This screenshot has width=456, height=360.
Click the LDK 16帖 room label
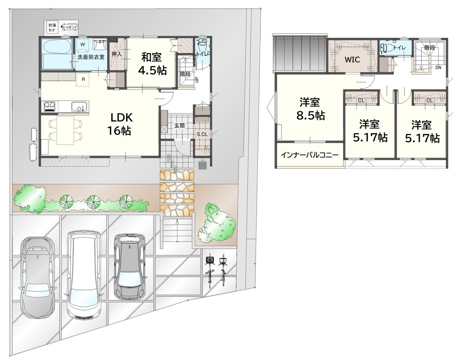pyautogui.click(x=120, y=124)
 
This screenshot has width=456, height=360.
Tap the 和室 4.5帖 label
pyautogui.click(x=152, y=64)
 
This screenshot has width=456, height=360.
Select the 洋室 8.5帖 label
pyautogui.click(x=310, y=109)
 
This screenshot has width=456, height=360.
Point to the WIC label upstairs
pyautogui.click(x=352, y=60)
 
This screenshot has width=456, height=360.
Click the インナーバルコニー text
pyautogui.click(x=310, y=155)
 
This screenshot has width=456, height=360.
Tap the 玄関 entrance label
pyautogui.click(x=179, y=126)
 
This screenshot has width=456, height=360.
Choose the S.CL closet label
pyautogui.click(x=202, y=134)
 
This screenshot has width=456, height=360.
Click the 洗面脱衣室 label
pyautogui.click(x=91, y=57)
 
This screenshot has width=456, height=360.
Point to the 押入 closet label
pyautogui.click(x=117, y=54)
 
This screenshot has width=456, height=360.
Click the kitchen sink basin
pyautogui.click(x=79, y=106)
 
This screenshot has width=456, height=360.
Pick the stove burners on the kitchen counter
pyautogui.click(x=50, y=106)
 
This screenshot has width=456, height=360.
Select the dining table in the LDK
pyautogui.click(x=65, y=130)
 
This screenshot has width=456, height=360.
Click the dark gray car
pyautogui.click(x=129, y=266)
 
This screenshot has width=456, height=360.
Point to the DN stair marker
pyautogui.click(x=438, y=67)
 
